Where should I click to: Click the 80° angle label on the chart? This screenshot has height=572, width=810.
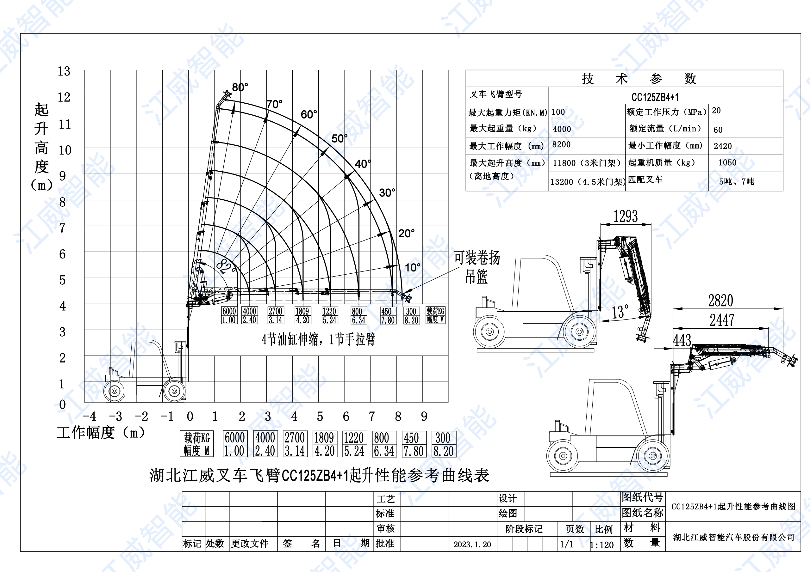tap(240, 87)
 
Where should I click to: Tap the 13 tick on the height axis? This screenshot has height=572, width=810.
tap(64, 71)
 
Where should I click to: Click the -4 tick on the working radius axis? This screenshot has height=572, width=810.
tap(89, 417)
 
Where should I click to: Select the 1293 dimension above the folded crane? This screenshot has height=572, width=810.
tap(626, 216)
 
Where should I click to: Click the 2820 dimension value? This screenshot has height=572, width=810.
tap(721, 301)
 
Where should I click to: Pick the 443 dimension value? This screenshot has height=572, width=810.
tap(682, 340)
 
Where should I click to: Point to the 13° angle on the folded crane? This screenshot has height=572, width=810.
tap(620, 312)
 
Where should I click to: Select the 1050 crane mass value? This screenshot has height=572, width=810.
tap(727, 162)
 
